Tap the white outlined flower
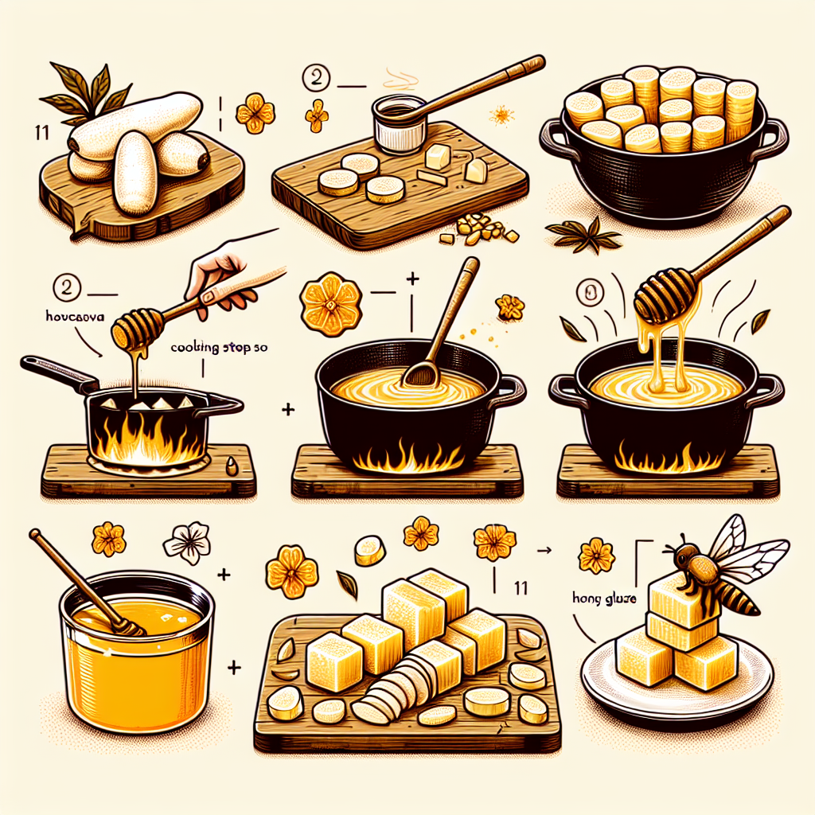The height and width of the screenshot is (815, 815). pyautogui.click(x=187, y=543)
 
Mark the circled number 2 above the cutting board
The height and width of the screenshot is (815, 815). pyautogui.click(x=317, y=80)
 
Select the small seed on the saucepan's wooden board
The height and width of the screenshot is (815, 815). pyautogui.click(x=231, y=466)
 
